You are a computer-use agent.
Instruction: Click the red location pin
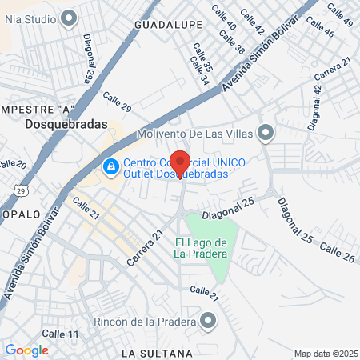point(180,162)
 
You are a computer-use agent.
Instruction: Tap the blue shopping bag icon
point(110,166)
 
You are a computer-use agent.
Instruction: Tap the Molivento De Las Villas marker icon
point(266,132)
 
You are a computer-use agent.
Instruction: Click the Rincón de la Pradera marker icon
point(209,322)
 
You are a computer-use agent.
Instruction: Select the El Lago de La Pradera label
point(202,248)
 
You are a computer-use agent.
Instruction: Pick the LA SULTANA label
point(157,353)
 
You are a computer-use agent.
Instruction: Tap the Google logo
point(26,350)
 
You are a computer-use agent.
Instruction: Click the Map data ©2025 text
point(325,354)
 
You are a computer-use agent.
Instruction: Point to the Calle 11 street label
point(61,334)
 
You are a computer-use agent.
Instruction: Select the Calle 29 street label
point(117,103)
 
